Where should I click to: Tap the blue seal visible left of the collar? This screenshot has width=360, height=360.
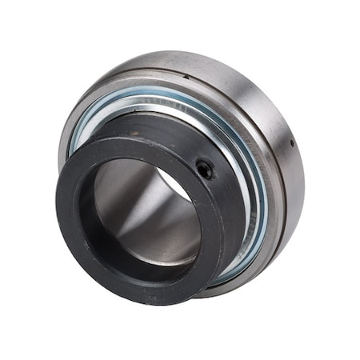tap(77, 136)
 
